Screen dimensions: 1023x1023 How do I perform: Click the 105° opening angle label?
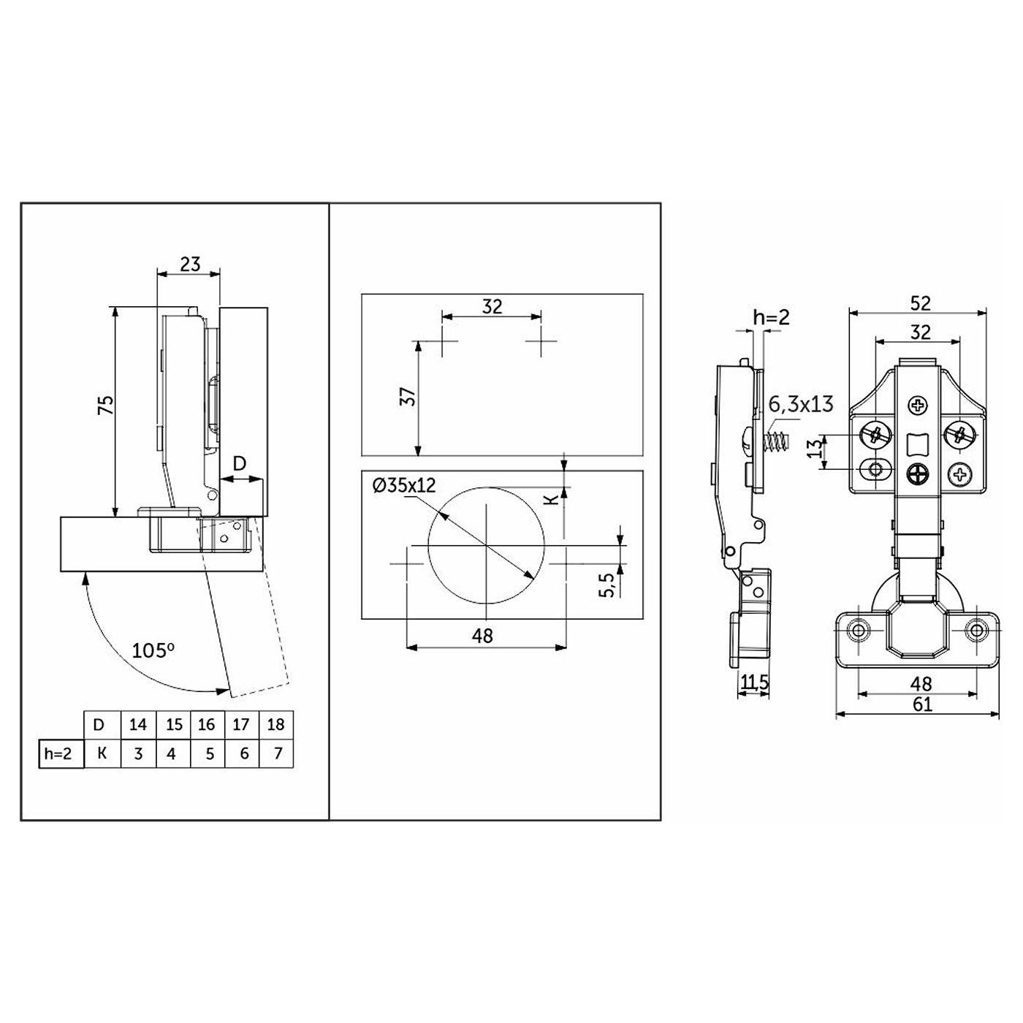[x=153, y=650]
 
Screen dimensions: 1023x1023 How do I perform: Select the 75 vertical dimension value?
[x=107, y=406]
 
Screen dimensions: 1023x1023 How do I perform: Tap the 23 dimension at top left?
[x=190, y=264]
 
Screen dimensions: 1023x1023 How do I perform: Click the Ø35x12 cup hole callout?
[x=404, y=485]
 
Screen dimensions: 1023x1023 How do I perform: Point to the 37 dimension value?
[x=408, y=396]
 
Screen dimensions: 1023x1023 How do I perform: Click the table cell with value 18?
[x=276, y=724]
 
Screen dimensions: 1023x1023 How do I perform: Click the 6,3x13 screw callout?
[x=801, y=404]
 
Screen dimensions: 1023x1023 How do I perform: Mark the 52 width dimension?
[x=921, y=303]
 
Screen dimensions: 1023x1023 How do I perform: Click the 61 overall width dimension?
[x=923, y=704]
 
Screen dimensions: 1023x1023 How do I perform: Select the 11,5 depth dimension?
[x=755, y=682]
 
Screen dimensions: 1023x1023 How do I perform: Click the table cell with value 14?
[x=138, y=724]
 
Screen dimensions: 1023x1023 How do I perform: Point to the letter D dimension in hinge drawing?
[x=240, y=463]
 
